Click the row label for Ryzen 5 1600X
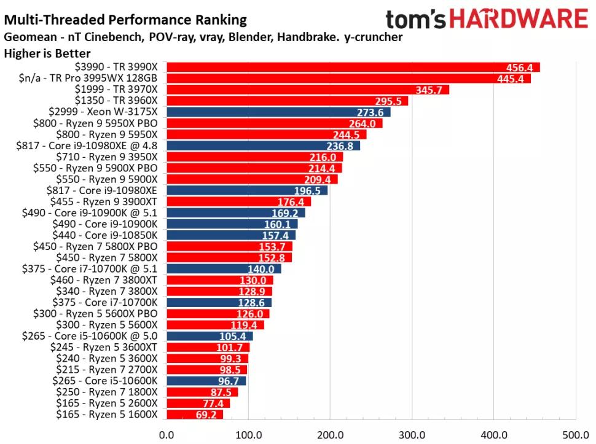click(x=106, y=415)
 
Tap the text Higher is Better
click(x=47, y=53)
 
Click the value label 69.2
click(x=209, y=415)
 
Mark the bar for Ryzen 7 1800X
click(x=202, y=392)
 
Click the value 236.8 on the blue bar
click(x=343, y=146)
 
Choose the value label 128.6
click(x=254, y=302)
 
